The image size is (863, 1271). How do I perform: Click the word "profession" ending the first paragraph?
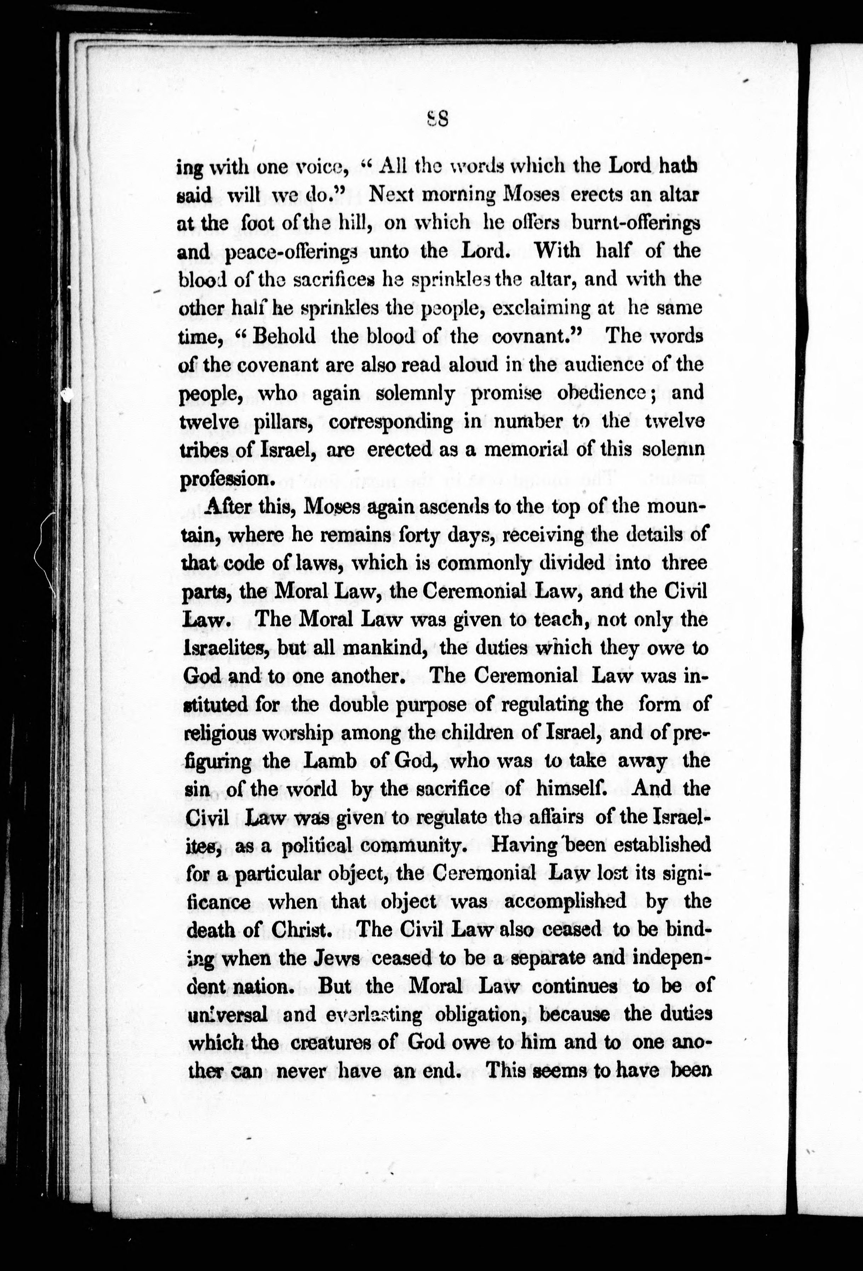tap(224, 478)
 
